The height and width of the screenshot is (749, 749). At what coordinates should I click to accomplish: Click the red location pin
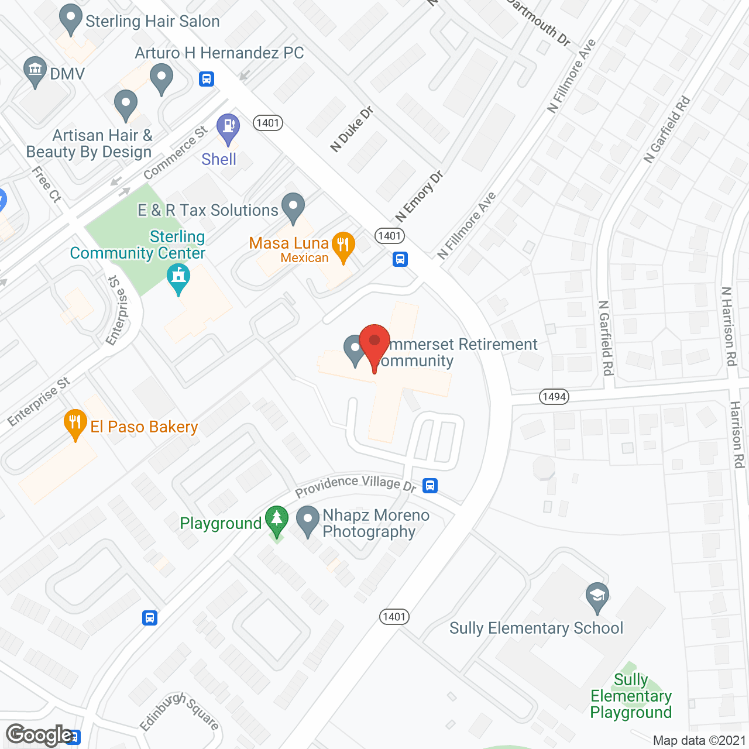(x=374, y=342)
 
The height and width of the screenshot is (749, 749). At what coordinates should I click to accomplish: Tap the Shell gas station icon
(x=228, y=128)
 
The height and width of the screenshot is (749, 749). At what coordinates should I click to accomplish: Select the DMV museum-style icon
(x=35, y=70)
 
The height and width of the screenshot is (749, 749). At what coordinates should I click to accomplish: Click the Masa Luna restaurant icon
(x=343, y=245)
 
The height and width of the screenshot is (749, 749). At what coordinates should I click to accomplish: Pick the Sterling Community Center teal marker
(x=178, y=277)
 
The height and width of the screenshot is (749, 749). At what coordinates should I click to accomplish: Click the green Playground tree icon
(x=277, y=520)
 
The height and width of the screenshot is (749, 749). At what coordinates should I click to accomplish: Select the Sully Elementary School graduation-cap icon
(x=597, y=596)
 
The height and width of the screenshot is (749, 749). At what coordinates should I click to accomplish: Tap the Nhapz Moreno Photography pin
(x=308, y=520)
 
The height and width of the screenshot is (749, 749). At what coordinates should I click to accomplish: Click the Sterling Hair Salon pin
(x=71, y=18)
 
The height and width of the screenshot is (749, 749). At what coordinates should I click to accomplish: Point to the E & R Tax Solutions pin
(x=293, y=207)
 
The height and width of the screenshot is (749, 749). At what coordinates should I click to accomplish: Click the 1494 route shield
(x=554, y=397)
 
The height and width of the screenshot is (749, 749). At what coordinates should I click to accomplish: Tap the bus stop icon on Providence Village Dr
(x=430, y=486)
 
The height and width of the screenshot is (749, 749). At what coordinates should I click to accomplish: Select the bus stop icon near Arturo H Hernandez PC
(x=207, y=78)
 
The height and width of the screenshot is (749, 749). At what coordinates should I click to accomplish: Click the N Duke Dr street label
(x=351, y=129)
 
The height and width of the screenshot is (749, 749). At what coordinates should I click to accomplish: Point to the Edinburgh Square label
(x=180, y=712)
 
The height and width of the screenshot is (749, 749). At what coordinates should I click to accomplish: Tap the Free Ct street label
(x=47, y=184)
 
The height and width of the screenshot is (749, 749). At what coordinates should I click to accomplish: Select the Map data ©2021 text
(x=699, y=741)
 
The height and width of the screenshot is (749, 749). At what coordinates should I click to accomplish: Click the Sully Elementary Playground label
(x=631, y=696)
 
